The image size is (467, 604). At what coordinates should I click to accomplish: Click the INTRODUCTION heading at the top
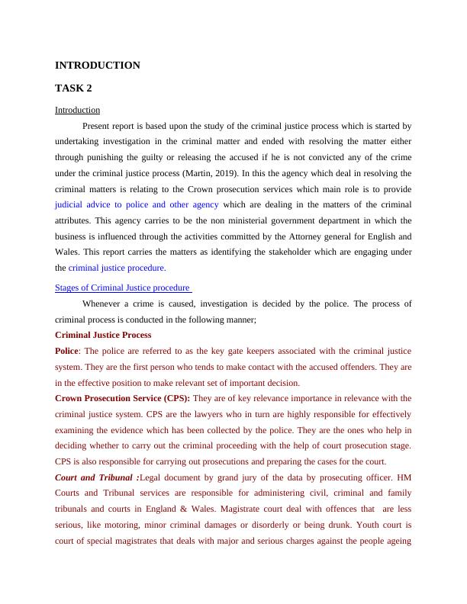98,66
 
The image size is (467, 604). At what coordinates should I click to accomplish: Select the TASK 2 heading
74,88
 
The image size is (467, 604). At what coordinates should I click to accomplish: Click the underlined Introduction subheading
78,110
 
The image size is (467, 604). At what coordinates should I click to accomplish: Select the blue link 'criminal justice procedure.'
117,268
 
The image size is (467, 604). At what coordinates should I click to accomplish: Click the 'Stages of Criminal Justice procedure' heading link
123,288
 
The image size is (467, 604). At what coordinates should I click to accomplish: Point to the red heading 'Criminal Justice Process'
103,335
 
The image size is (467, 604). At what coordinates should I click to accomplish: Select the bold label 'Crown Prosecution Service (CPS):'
123,398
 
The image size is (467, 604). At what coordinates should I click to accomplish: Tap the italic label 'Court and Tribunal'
95,477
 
